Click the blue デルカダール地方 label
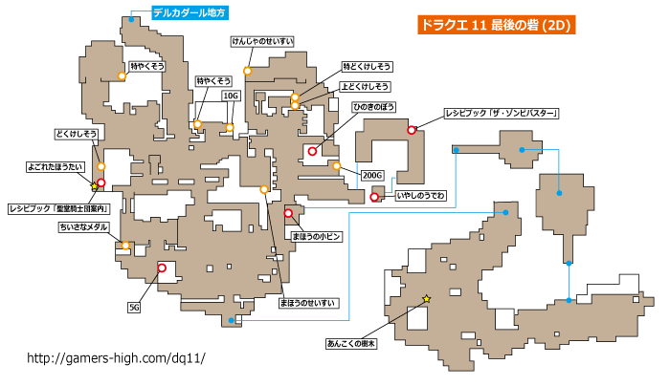click(x=190, y=12)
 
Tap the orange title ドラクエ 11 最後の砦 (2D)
click(x=496, y=25)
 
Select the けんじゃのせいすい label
click(x=263, y=41)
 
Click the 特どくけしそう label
click(x=367, y=67)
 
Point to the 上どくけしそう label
click(x=365, y=87)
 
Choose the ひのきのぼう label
click(x=373, y=107)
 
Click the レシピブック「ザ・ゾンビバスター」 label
click(x=502, y=114)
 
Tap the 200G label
click(x=372, y=175)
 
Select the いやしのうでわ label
click(x=421, y=196)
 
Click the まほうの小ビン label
click(x=316, y=236)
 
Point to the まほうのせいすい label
click(x=307, y=303)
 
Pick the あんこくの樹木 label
click(x=351, y=343)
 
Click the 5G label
click(x=134, y=307)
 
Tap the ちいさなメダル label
click(x=83, y=227)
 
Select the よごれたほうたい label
click(x=56, y=167)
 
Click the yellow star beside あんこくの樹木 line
click(x=427, y=299)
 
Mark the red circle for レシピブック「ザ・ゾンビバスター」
click(x=412, y=130)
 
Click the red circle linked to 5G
click(x=162, y=268)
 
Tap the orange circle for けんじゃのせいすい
click(x=247, y=71)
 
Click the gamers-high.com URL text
click(x=116, y=358)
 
